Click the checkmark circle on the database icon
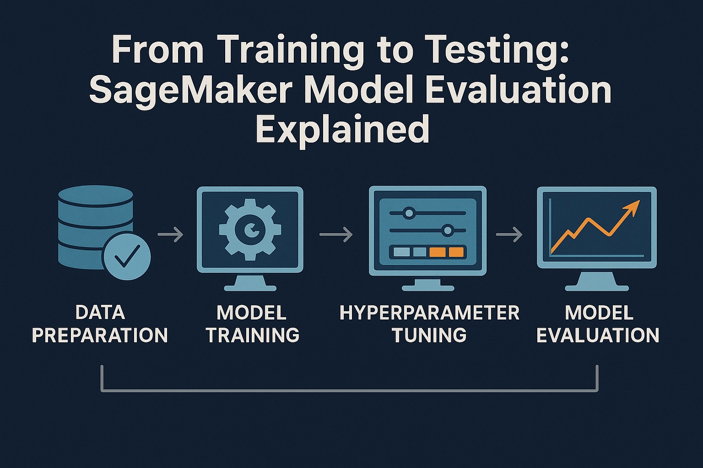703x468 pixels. pos(126,256)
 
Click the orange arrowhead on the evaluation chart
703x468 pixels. pos(633,207)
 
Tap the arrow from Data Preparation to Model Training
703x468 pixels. pos(170,235)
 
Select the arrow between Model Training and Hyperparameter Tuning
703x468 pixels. pos(336,235)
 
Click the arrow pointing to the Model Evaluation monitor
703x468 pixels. pos(509,235)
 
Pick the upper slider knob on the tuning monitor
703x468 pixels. pos(408,213)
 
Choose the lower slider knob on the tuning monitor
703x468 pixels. pos(448,230)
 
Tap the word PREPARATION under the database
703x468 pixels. pos(100,335)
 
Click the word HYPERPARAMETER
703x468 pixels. pos(429,313)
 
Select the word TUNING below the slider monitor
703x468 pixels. pos(429,335)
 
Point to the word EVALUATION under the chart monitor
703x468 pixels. pos(598,335)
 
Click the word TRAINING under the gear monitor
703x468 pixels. pos(253,335)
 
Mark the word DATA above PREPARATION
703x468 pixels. pos(100,313)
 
